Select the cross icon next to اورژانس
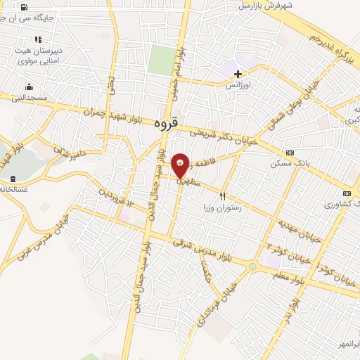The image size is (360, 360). tap(238, 73)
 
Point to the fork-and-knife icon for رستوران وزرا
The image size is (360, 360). tap(223, 198)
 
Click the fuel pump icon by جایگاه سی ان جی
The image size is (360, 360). tap(25, 8)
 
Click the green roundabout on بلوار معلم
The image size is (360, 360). tap(252, 266)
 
